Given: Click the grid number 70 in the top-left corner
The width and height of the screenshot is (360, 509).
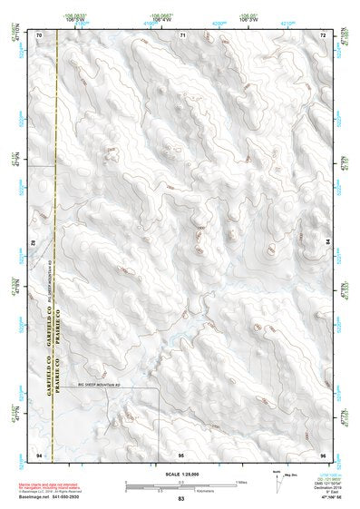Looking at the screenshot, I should (x=39, y=34).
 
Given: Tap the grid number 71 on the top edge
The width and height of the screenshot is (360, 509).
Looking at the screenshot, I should (x=181, y=34).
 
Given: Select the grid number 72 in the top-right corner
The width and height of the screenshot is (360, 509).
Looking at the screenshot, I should (x=323, y=34).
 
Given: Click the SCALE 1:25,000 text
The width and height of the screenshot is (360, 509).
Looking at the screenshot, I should (x=180, y=474).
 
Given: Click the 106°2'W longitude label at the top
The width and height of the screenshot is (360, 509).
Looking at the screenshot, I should (x=246, y=20).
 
